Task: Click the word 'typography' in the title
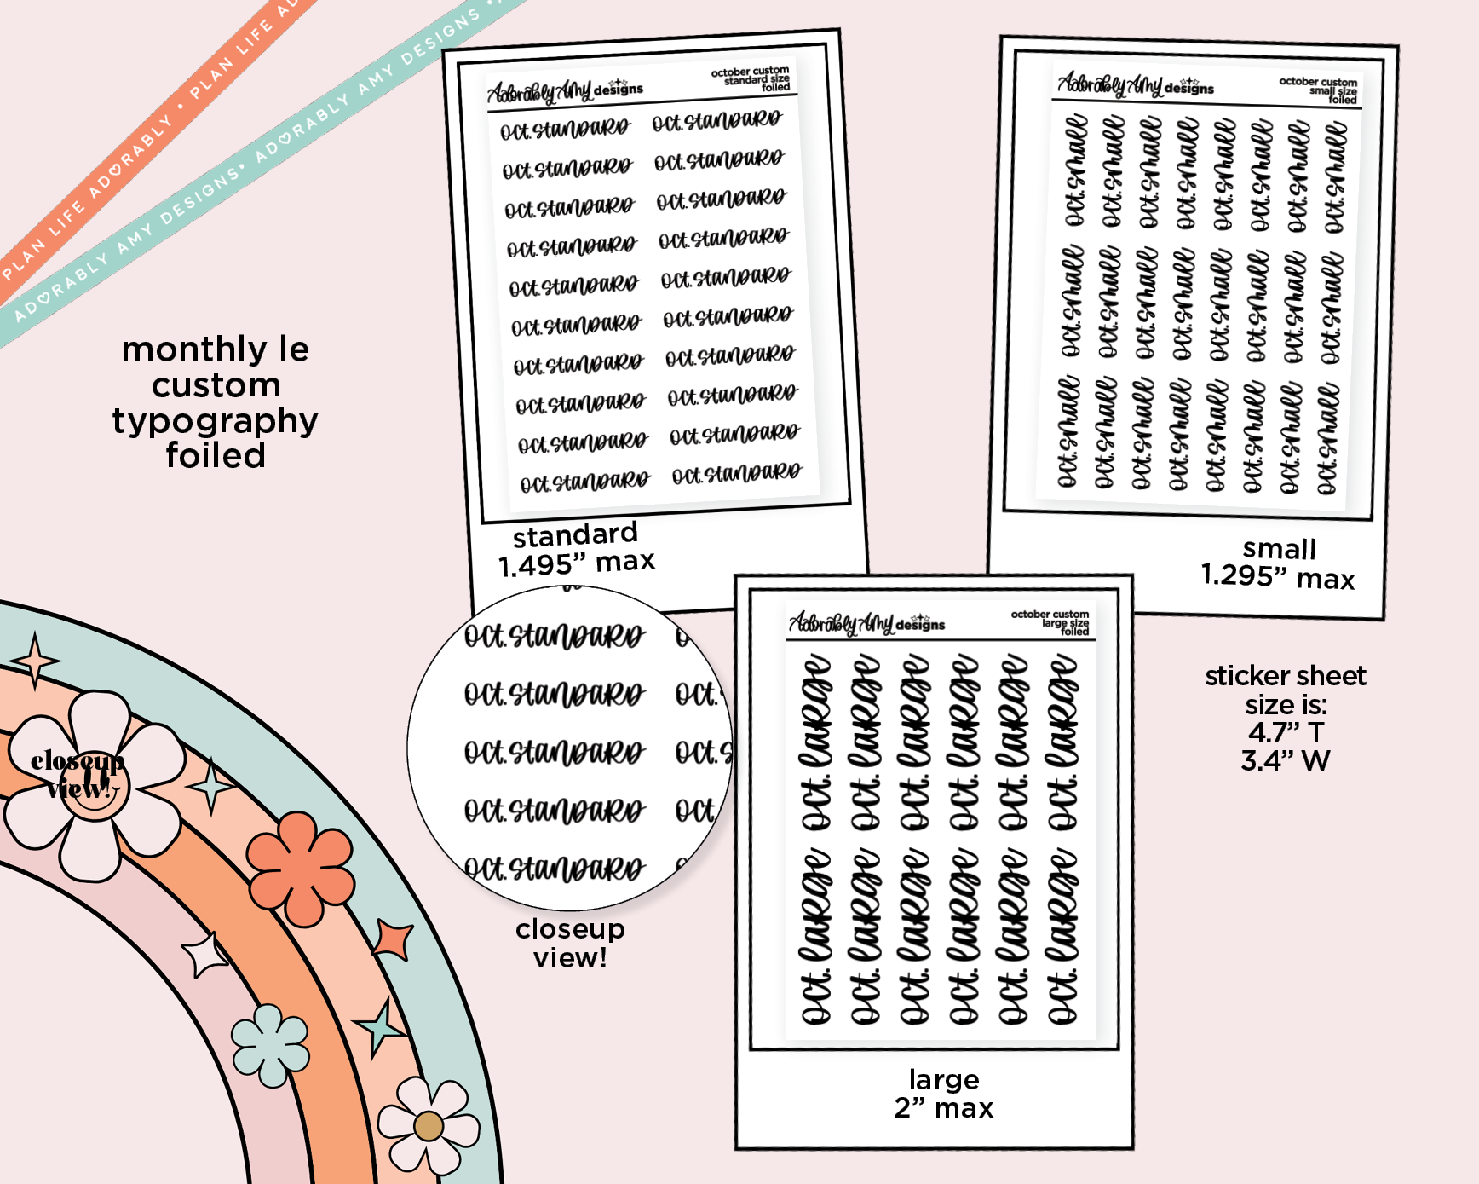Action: coord(215,421)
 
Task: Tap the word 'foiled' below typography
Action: coord(216,456)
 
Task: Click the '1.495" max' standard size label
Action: coord(576,563)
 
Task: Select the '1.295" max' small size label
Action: coord(1277,577)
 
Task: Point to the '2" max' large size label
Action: coord(943,1108)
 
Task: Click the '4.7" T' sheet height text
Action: coord(1285,732)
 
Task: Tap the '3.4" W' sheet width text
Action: coord(1285,760)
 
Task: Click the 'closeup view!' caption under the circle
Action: coord(570,944)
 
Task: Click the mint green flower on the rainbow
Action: coord(270,1045)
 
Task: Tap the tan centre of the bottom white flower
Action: coord(429,1126)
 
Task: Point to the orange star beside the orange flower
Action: coord(394,939)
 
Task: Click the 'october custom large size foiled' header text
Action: coord(1050,622)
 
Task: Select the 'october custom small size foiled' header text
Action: coord(1319,90)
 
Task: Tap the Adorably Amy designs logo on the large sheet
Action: coord(866,624)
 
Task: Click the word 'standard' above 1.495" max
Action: coord(575,534)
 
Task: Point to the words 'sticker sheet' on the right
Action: coord(1285,676)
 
